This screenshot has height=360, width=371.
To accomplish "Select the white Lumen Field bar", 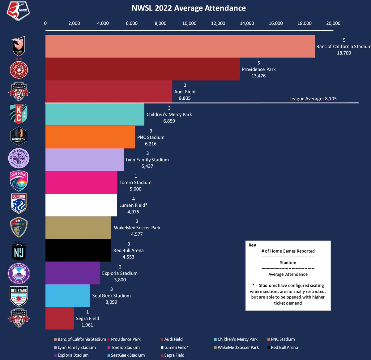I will [x=81, y=205].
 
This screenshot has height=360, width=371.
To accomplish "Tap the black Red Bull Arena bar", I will [x=78, y=250].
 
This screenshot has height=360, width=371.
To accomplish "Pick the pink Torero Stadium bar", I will [x=81, y=182].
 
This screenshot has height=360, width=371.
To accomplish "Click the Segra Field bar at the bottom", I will [x=59, y=318].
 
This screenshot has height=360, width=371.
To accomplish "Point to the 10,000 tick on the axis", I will [x=189, y=23].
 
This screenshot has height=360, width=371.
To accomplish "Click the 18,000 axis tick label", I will [x=304, y=23].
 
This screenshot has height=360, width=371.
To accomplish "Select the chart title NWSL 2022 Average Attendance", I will [x=189, y=8].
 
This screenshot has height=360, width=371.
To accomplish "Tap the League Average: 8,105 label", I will [x=313, y=98].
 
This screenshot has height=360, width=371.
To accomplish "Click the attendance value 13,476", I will [x=258, y=76].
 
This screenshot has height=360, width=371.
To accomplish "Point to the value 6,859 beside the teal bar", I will [x=169, y=121].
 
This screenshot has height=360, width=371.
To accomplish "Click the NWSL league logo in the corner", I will [x=18, y=11].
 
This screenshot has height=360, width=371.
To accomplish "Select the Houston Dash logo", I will [x=19, y=136].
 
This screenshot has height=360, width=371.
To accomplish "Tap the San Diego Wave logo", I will [x=19, y=181].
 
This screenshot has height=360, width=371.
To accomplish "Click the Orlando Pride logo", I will [x=19, y=273].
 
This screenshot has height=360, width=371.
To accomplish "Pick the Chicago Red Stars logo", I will [x=19, y=296].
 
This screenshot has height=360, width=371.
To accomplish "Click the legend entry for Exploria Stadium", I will [x=73, y=355].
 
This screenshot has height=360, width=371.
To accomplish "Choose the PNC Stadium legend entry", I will [x=283, y=339].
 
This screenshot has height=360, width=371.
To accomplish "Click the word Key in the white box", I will [x=252, y=245].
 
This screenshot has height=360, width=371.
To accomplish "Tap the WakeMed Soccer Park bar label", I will [x=137, y=228].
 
